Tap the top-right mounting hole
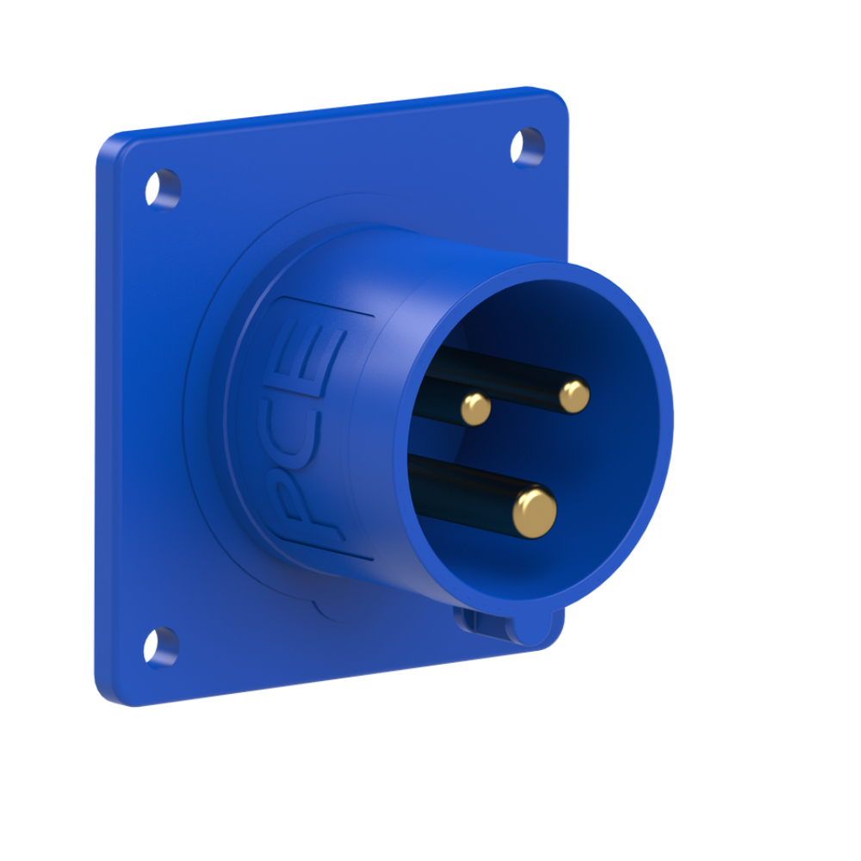click(x=527, y=146)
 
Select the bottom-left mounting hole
click(x=161, y=647)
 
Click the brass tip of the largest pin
click(x=535, y=512)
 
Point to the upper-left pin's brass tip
click(x=475, y=408)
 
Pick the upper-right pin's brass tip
click(x=574, y=396)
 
